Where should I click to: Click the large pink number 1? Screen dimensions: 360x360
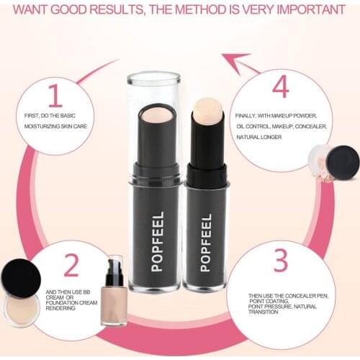(55, 96)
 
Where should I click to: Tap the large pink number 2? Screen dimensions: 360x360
(71, 266)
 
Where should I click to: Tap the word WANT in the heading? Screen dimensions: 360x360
(35, 10)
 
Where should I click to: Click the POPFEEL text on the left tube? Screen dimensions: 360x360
(158, 240)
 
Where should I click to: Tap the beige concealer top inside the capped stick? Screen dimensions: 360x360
(156, 114)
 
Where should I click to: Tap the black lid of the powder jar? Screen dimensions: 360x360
(343, 161)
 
